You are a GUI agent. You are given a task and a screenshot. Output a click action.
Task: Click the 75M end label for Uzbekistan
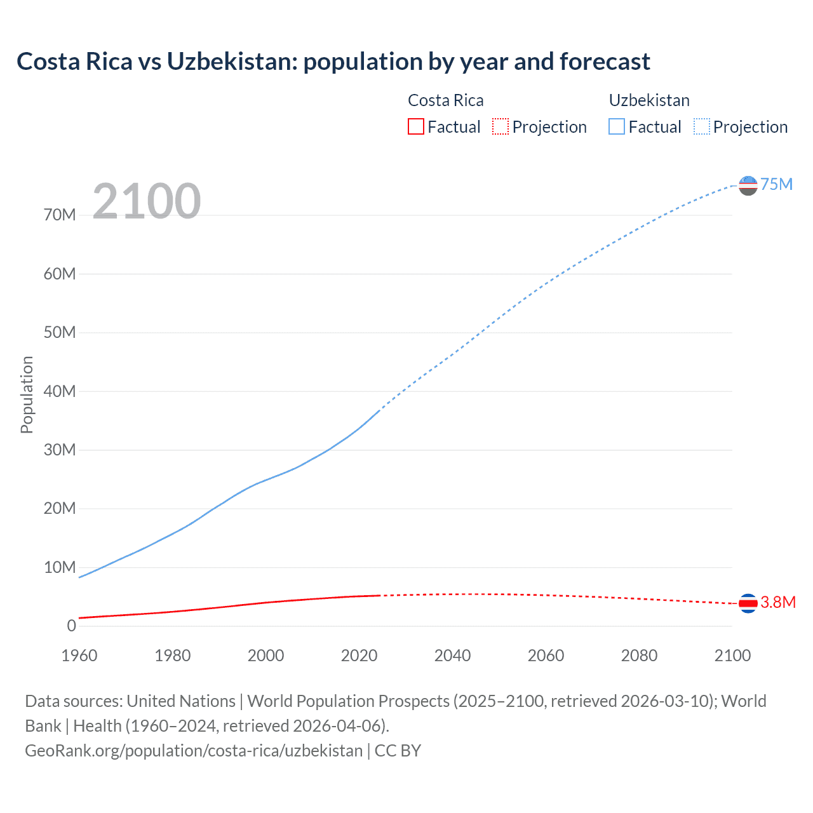pos(776,184)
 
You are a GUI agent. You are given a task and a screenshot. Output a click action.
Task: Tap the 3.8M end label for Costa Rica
pos(777,602)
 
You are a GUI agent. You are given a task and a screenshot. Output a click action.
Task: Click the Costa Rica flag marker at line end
pos(748,603)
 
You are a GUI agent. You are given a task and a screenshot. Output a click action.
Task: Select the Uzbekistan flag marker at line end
pos(748,185)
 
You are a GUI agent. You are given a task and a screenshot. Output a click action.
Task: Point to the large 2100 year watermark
pos(146,201)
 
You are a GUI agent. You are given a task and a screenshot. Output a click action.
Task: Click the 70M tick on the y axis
pos(60,215)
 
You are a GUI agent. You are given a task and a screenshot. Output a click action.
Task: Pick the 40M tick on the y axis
pos(60,391)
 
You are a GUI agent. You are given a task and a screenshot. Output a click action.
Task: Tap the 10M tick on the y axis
pos(60,567)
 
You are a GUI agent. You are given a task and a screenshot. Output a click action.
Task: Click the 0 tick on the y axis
pos(71,626)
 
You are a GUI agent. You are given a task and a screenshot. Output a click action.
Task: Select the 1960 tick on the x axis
pos(79,655)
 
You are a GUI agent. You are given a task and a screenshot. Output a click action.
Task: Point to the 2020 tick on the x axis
pos(359,655)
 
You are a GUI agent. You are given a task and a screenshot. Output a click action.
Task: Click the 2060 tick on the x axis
pos(546,655)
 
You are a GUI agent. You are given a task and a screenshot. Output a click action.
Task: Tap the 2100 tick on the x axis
pos(732,655)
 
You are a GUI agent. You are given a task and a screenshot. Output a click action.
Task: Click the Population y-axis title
pos(27,394)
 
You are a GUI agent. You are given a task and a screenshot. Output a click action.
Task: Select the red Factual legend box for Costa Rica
pos(416,127)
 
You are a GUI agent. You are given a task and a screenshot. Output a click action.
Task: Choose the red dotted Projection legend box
pos(501,127)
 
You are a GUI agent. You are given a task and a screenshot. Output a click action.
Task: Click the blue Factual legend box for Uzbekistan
pos(617,127)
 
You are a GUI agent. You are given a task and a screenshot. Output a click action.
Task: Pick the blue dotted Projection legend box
pos(702,127)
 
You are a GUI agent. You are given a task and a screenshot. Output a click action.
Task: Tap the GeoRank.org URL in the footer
pos(194,751)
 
